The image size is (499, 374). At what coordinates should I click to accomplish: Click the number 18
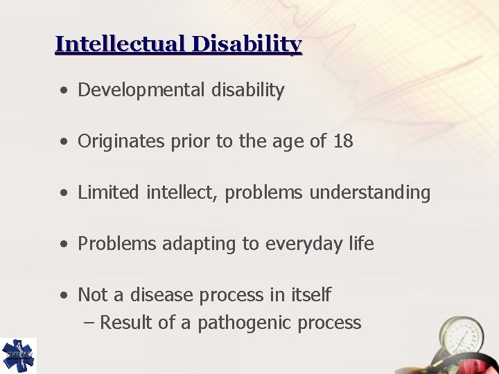click(x=342, y=141)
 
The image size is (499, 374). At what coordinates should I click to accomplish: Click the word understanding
click(x=370, y=193)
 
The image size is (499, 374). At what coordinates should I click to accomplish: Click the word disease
click(x=161, y=295)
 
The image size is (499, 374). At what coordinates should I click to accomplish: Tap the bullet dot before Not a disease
click(x=64, y=296)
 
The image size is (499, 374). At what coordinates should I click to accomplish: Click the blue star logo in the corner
click(x=18, y=355)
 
